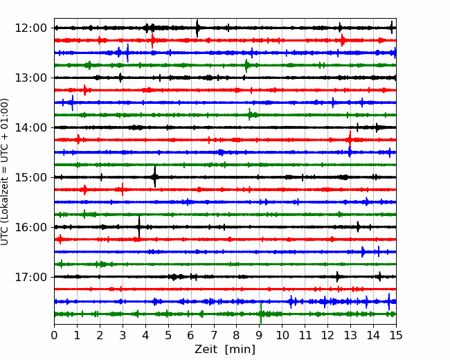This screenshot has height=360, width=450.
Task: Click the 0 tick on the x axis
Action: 55,336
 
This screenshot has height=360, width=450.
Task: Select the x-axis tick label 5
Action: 168,336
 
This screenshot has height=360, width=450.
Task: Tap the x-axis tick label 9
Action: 260,336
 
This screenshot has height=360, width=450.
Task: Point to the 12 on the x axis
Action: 327,336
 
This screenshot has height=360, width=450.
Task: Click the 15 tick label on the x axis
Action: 396,336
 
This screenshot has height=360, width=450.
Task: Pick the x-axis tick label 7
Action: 214,336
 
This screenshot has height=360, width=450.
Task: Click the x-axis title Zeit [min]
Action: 225,350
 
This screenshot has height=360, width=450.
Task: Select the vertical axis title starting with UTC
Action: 6,171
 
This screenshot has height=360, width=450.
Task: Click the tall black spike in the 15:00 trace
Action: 155,174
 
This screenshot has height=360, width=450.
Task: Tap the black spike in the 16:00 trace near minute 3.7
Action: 139,225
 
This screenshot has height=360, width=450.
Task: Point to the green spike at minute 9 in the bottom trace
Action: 260,314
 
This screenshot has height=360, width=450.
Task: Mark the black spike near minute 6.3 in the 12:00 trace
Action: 198,28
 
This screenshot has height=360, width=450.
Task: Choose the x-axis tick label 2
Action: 100,336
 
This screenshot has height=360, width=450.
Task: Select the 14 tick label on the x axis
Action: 373,336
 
